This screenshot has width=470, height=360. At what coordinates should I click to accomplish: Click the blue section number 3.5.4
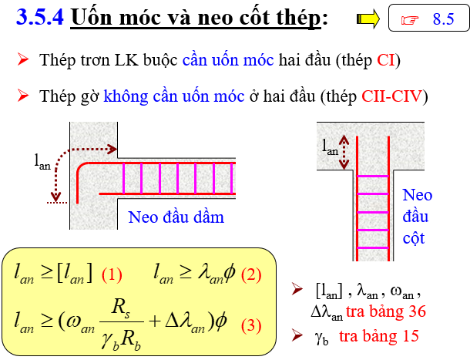coord(40,17)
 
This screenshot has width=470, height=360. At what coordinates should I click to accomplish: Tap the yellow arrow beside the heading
coord(368,19)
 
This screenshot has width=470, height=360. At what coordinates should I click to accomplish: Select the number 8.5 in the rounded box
coord(443,19)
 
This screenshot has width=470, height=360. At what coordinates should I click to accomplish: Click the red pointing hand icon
coord(410,20)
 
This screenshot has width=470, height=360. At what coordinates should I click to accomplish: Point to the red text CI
coord(386,59)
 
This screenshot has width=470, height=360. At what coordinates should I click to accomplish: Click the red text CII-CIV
coord(391,96)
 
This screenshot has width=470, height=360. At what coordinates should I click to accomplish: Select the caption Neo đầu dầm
coord(176,217)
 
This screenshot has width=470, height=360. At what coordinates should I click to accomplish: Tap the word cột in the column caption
coord(414,238)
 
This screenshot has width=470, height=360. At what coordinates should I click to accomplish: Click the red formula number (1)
coord(112,274)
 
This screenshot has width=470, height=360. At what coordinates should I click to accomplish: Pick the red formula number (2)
coord(251,274)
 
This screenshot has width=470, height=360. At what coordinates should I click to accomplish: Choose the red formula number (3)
coord(251,325)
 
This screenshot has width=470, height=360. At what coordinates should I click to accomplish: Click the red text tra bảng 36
coord(386,311)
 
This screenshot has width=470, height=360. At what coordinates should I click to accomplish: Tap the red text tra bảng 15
coord(379,335)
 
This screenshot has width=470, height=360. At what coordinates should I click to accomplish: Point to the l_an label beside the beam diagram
coord(42,163)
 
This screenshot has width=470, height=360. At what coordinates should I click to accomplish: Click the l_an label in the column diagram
coord(330,147)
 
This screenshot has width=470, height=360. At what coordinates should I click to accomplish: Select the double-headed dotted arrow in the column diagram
coord(344,152)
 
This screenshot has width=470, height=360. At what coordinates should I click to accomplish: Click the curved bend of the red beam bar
coord(82,168)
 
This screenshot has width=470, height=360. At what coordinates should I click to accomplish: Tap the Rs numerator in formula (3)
coord(120,308)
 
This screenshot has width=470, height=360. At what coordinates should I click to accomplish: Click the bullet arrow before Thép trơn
coord(23,59)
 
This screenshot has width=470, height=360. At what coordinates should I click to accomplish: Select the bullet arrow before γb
coord(297,335)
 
